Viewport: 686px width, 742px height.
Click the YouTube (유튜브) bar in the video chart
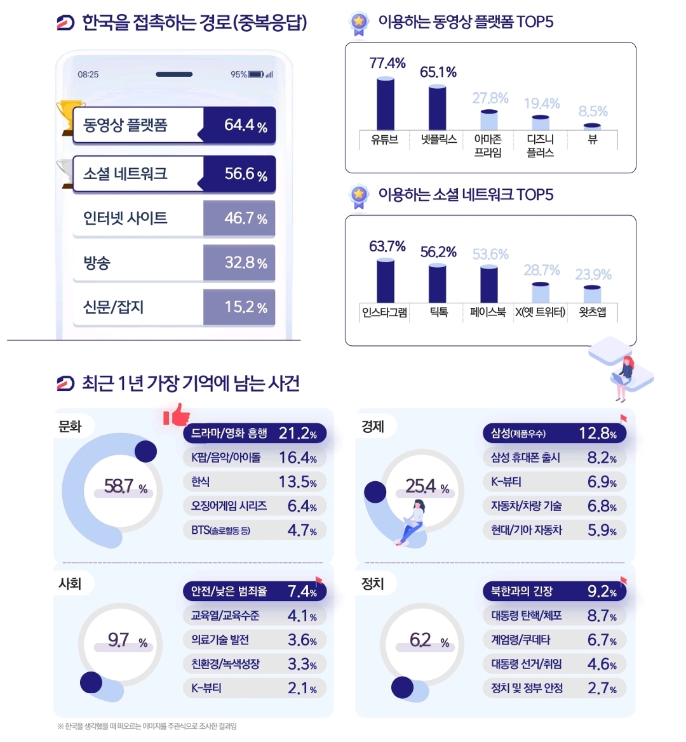pos(385,105)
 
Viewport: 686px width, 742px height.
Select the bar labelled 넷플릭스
pos(438,108)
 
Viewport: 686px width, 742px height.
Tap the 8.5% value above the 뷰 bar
pos(593,112)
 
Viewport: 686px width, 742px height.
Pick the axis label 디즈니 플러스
pos(541,145)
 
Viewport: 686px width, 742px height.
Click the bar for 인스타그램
pos(385,281)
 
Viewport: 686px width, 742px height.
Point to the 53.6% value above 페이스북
pos(490,255)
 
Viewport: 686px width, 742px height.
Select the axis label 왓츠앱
pos(593,312)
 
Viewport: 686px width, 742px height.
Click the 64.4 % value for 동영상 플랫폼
pos(245,125)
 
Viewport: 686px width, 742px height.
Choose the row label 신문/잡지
pos(114,307)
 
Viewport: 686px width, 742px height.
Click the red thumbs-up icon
pos(177,415)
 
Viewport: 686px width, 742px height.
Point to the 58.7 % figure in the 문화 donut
pos(126,487)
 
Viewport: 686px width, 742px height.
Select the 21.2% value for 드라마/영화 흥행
pos(297,434)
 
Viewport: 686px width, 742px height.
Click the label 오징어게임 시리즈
pos(229,506)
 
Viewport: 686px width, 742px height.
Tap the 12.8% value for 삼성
pos(597,434)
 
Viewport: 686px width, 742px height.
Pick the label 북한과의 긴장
pos(521,592)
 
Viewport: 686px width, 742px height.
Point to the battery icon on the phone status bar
pos(256,74)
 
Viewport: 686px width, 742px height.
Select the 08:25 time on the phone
pos(88,74)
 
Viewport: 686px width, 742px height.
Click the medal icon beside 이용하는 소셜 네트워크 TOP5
pos(360,196)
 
